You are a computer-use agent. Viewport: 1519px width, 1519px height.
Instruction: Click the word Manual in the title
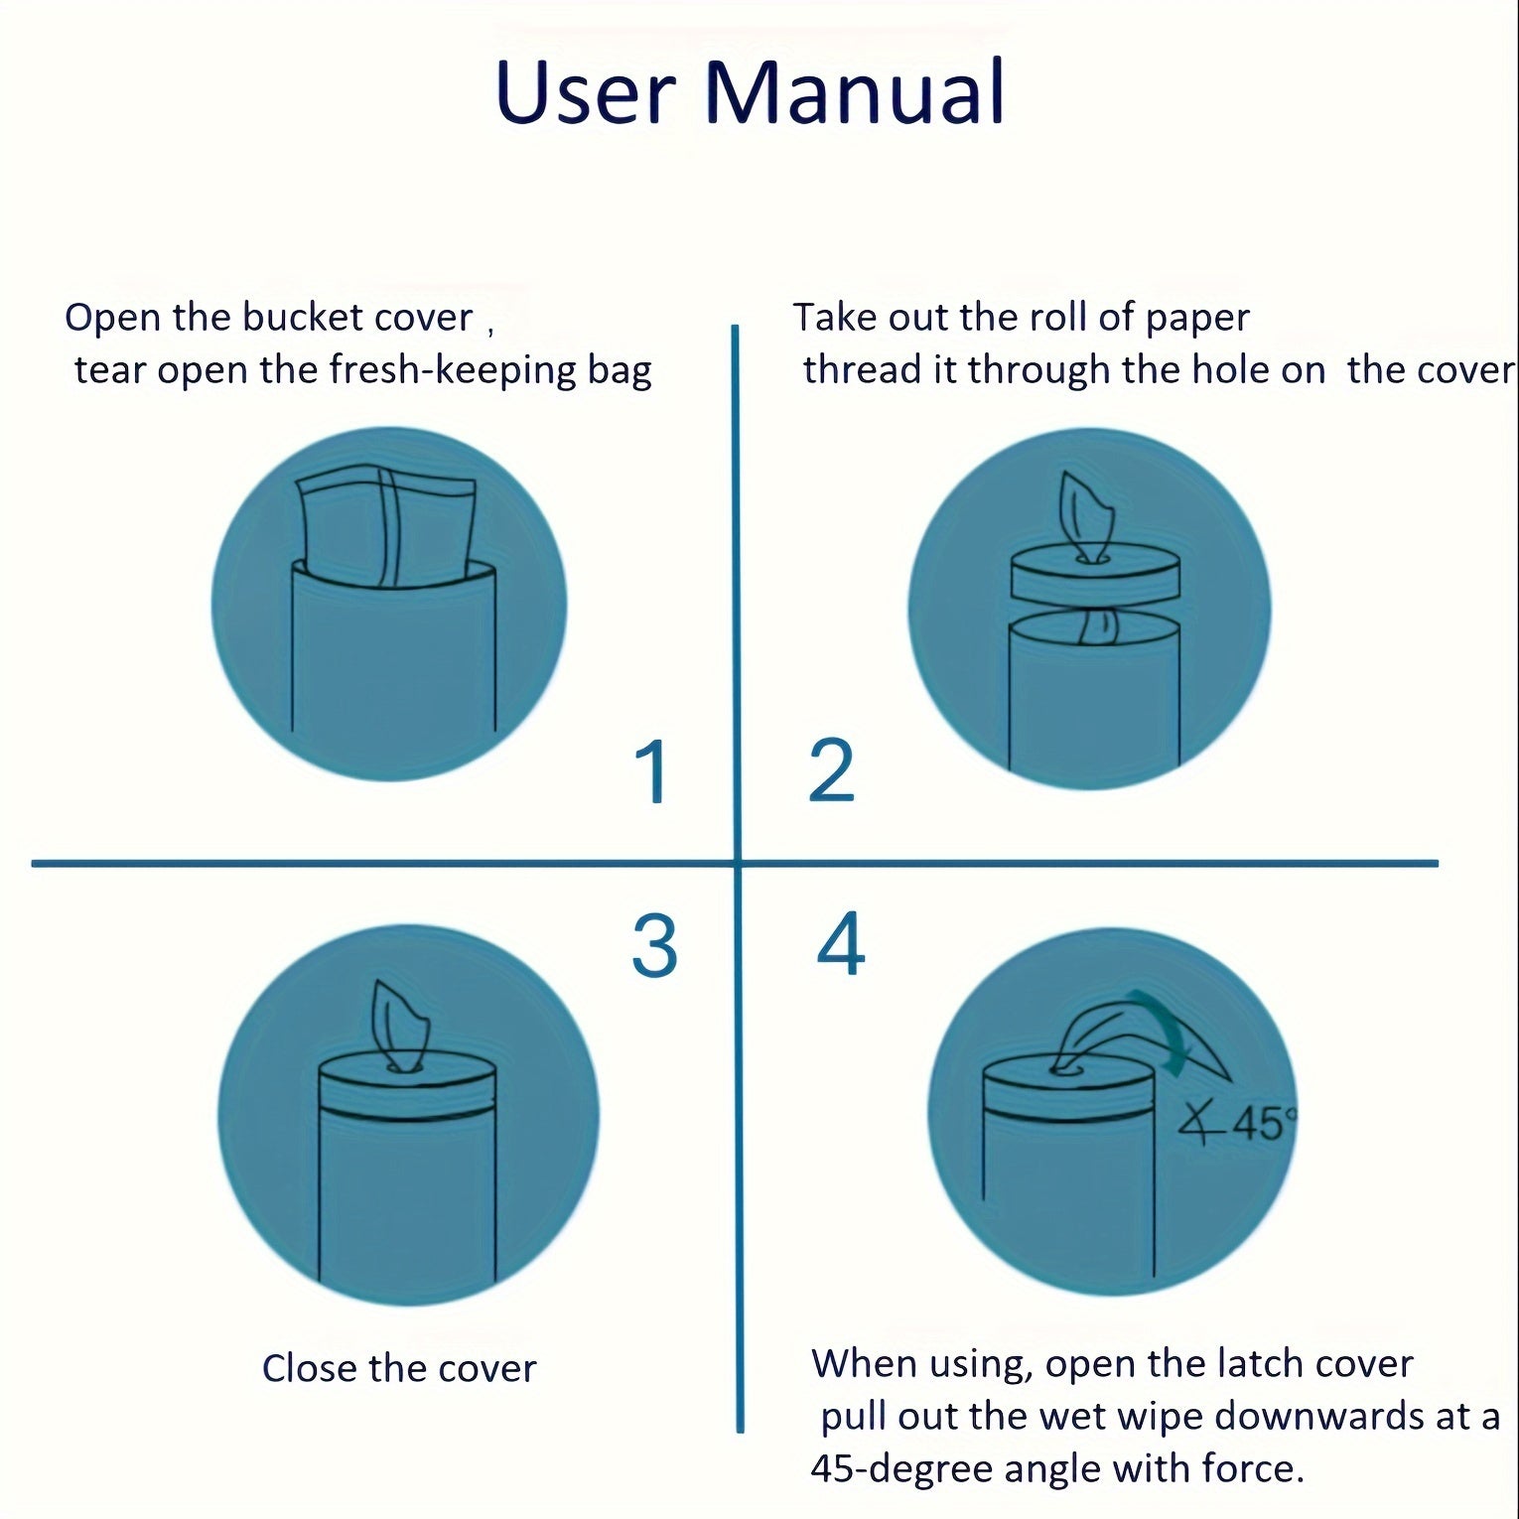[856, 92]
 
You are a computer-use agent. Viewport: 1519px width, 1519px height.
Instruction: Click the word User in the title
[586, 92]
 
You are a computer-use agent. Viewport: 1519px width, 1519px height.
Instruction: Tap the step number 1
[653, 771]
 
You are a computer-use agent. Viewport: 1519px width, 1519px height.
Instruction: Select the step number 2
[831, 771]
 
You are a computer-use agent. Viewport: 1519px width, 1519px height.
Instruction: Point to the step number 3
[654, 946]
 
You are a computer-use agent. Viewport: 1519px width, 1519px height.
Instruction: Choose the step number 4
[840, 944]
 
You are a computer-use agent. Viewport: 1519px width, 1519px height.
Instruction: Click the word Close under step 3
[309, 1369]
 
